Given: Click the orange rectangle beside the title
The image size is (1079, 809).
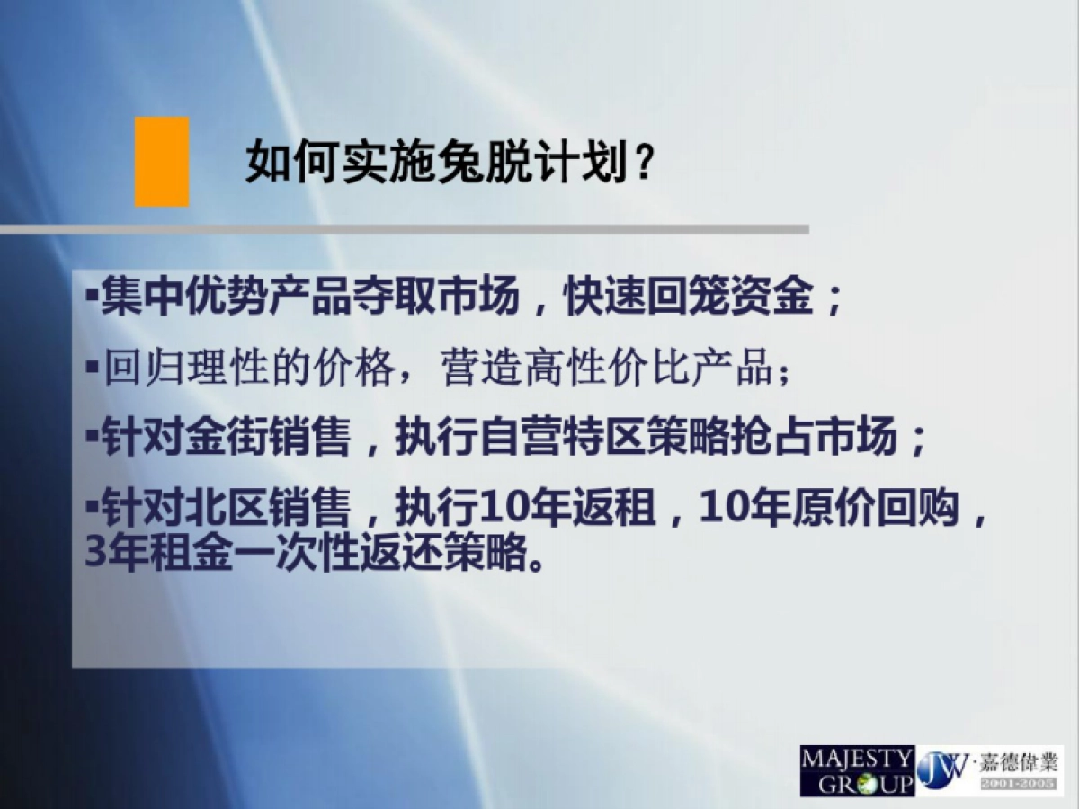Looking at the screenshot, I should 162,162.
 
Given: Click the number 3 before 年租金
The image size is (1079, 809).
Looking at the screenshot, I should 94,552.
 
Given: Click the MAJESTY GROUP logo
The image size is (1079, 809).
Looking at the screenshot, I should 857,770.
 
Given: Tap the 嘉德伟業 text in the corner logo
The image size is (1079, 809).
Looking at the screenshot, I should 1016,763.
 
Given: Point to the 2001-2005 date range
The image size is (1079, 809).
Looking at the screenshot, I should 1016,786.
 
